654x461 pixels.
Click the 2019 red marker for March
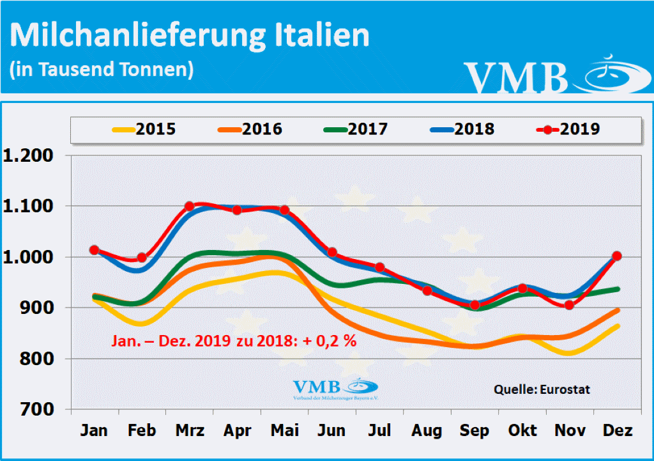pos(189,206)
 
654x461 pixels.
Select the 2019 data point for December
pos(616,256)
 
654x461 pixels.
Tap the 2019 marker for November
pos(569,305)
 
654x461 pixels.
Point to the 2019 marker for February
pos(142,258)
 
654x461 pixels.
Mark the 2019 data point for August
pos(427,291)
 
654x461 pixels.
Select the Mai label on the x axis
pos(284,430)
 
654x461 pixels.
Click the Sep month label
pos(474,430)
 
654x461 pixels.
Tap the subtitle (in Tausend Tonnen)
pos(102,68)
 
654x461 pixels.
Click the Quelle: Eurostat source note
pos(542,389)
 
